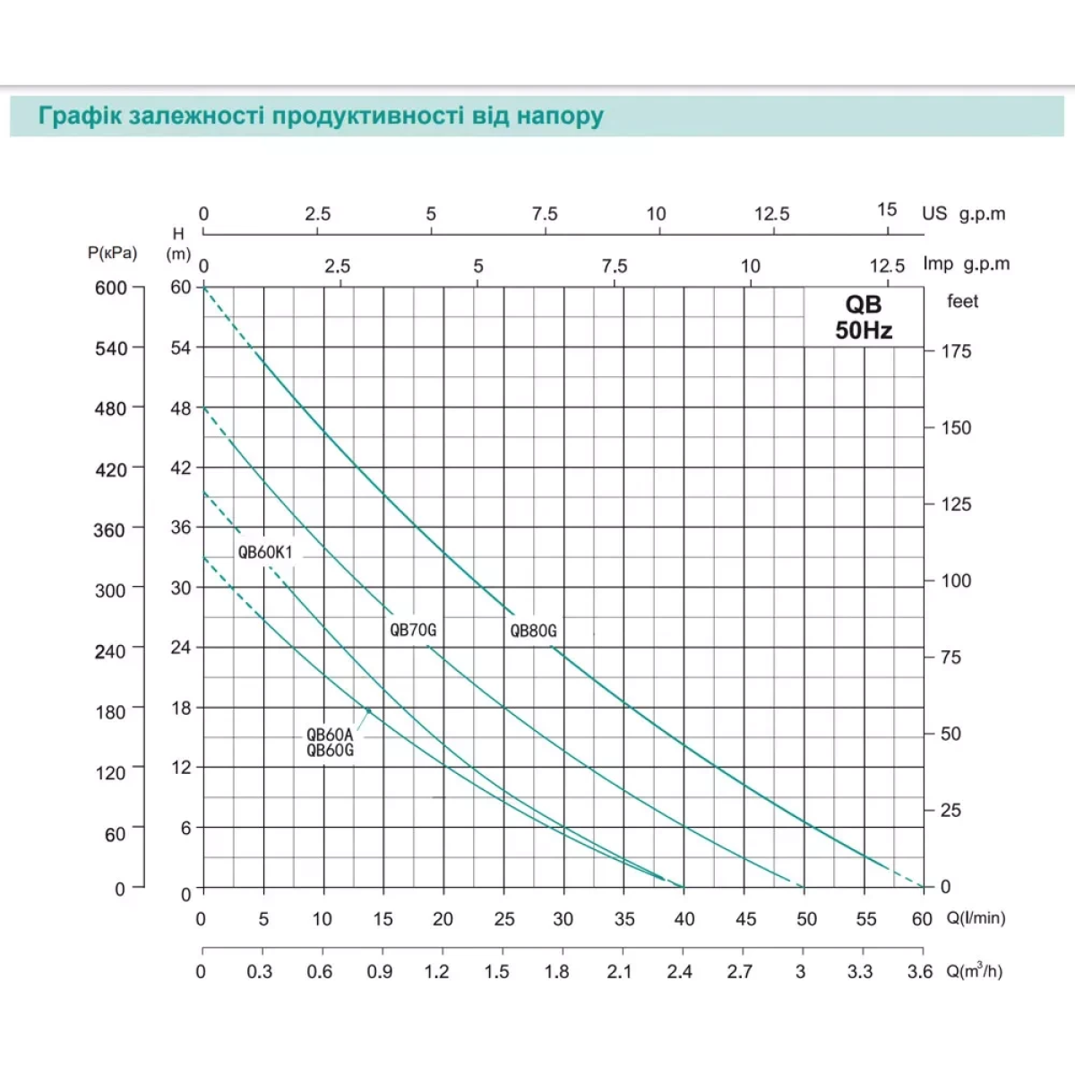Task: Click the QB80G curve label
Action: pyautogui.click(x=533, y=631)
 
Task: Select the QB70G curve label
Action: pyautogui.click(x=413, y=630)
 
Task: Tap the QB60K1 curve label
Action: pyautogui.click(x=265, y=552)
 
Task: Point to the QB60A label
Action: pyautogui.click(x=330, y=735)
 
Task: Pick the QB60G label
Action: pyautogui.click(x=330, y=751)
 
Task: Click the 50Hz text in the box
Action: pyautogui.click(x=864, y=331)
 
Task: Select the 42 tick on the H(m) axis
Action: pyautogui.click(x=181, y=468)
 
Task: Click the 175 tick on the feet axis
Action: pyautogui.click(x=956, y=351)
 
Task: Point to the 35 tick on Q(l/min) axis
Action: pyautogui.click(x=624, y=919)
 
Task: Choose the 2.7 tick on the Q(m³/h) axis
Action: pyautogui.click(x=740, y=972)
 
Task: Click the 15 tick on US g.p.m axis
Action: pyautogui.click(x=887, y=210)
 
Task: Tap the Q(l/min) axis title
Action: pyautogui.click(x=976, y=918)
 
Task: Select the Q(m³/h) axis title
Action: pyautogui.click(x=975, y=971)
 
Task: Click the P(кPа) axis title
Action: pyautogui.click(x=113, y=253)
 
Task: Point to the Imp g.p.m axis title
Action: pyautogui.click(x=966, y=264)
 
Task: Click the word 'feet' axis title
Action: pyautogui.click(x=963, y=302)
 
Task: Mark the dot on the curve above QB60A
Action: pyautogui.click(x=367, y=710)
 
